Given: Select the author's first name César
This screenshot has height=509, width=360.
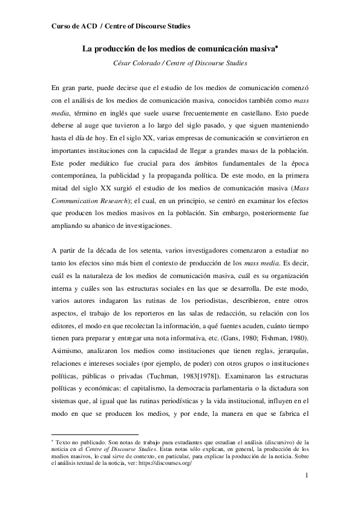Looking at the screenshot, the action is click(x=125, y=63).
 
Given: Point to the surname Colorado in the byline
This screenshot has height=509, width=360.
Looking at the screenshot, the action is click(x=155, y=63).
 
